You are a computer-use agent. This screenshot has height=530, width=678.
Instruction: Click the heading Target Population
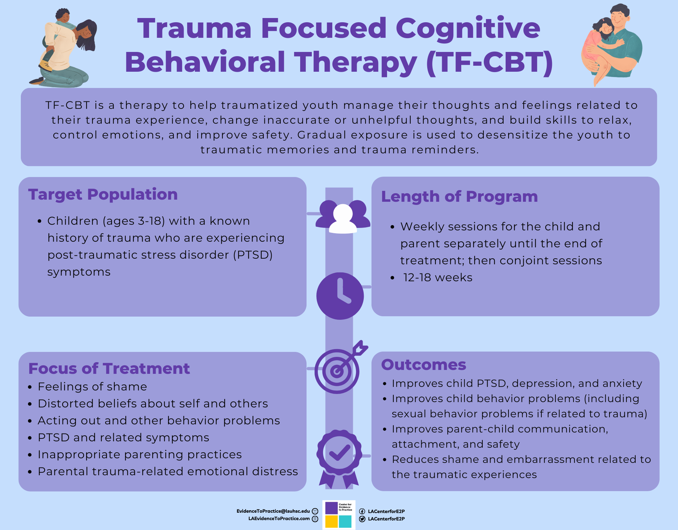tap(103, 194)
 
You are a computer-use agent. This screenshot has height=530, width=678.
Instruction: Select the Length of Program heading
tap(459, 196)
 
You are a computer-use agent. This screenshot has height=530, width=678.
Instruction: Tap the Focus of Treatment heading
tap(109, 369)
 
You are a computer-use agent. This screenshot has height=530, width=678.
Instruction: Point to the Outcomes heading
tap(423, 365)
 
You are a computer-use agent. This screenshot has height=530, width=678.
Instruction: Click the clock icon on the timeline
tap(340, 296)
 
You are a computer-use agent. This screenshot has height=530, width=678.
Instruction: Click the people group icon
tap(343, 217)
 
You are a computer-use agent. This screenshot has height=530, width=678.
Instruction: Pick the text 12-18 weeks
tap(438, 278)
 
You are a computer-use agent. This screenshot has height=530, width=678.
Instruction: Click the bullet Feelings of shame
tap(92, 387)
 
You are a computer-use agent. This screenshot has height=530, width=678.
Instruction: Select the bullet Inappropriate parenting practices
tap(139, 455)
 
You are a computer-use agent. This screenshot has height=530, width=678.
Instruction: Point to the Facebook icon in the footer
tap(362, 511)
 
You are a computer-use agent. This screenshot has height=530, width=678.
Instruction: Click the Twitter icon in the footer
tap(362, 519)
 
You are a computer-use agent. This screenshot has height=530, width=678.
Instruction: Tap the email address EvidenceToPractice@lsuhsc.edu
tap(273, 511)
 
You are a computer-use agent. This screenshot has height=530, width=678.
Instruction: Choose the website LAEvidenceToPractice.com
tap(279, 519)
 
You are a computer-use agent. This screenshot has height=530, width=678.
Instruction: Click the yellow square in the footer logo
tap(331, 522)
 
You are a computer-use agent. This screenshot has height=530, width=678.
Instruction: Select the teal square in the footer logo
tap(345, 522)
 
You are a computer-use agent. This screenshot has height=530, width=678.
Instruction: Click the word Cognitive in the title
tap(468, 28)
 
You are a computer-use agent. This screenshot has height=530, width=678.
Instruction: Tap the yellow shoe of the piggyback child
tap(46, 66)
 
